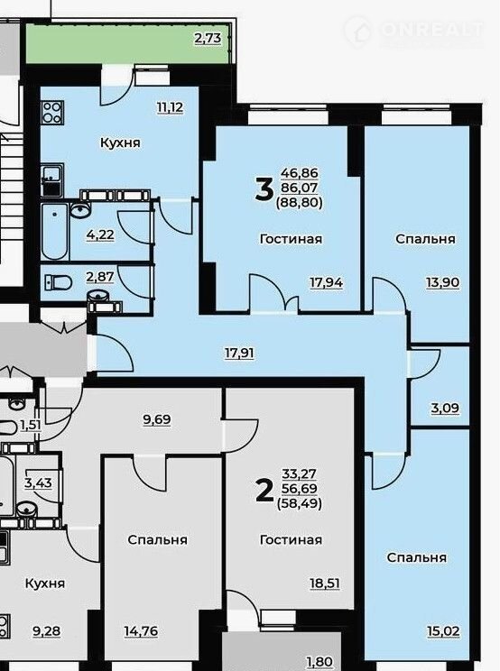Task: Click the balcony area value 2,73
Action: coord(208,39)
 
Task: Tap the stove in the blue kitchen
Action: coord(52,113)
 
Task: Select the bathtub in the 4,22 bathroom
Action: coord(55,232)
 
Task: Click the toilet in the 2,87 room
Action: coord(59,282)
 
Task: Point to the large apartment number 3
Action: coord(264,189)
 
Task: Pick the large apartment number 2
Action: coord(264,491)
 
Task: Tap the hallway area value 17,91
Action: coord(240,354)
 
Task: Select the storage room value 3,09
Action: coord(445,408)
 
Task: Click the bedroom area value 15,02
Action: coord(443,630)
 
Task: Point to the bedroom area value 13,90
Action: coord(442,282)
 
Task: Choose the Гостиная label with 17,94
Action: coord(292,239)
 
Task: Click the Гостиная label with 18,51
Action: coord(292,540)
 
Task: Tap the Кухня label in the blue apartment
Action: coord(120,142)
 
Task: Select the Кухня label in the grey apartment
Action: coord(45,584)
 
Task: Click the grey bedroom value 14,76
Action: coord(141,630)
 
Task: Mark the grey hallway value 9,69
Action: coord(157,419)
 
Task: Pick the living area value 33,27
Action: coord(300,474)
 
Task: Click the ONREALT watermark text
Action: coord(432,30)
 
